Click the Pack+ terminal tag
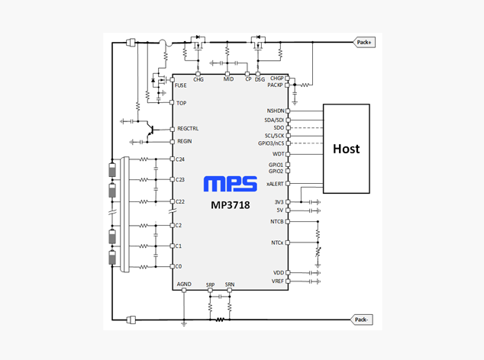[x=365, y=42]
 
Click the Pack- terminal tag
[x=361, y=320]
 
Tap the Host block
[x=347, y=149]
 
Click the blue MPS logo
[x=231, y=184]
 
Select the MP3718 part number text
[x=231, y=205]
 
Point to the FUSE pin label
[x=181, y=85]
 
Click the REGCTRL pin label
[x=188, y=129]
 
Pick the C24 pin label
[x=180, y=159]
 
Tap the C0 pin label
[x=179, y=266]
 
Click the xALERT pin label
[x=275, y=184]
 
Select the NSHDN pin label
[x=276, y=111]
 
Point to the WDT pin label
[x=278, y=154]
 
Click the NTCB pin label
[x=277, y=221]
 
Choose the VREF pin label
[x=277, y=281]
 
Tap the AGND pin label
[x=184, y=284]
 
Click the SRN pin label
[x=230, y=284]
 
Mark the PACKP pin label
[x=275, y=85]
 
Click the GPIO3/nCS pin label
[x=271, y=143]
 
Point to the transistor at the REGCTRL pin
[x=150, y=130]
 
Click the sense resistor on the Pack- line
[x=219, y=320]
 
